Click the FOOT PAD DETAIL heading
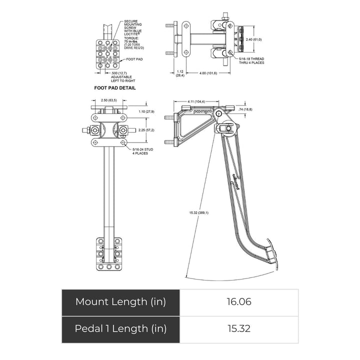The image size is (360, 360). (115, 87)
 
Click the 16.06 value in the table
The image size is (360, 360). (238, 301)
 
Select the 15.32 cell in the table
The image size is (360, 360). (238, 328)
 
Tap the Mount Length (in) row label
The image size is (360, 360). (120, 301)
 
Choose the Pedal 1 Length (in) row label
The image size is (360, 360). (120, 328)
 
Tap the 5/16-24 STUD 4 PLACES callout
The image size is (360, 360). (142, 151)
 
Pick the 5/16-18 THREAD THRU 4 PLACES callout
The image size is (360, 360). (251, 61)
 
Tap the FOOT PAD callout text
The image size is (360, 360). (135, 59)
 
